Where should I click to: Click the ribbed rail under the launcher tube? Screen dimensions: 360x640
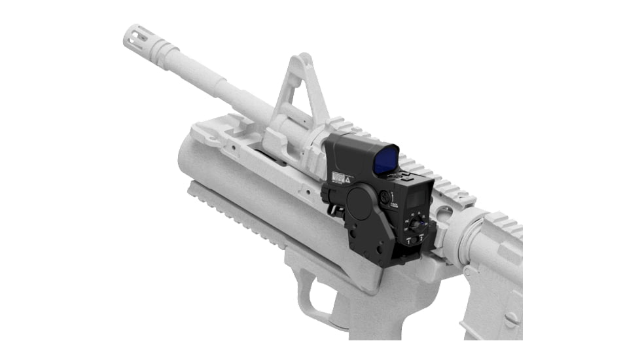click(x=236, y=215)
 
